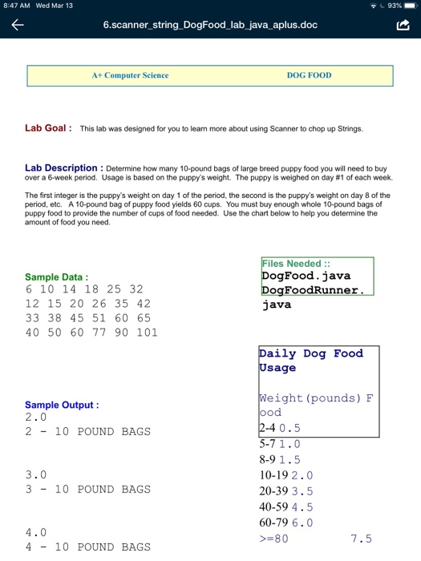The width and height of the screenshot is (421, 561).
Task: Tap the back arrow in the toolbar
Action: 17,26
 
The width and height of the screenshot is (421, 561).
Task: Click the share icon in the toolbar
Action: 403,26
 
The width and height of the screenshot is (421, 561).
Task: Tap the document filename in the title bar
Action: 210,26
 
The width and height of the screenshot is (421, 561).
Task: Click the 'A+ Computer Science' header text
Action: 130,75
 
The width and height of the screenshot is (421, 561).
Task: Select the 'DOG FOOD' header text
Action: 309,75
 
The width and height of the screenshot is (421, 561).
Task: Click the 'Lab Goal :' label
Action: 49,127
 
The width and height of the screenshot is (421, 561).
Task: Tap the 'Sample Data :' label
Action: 57,276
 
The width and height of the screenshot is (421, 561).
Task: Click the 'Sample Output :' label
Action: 62,405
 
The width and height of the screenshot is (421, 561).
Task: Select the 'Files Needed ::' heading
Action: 290,263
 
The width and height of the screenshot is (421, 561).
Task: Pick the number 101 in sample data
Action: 148,333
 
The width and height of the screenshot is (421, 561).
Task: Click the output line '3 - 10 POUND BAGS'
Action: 87,489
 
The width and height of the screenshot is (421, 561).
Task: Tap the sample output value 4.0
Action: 36,532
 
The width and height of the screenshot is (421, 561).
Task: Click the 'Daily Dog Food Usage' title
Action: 310,361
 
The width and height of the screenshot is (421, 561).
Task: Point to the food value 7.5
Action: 361,539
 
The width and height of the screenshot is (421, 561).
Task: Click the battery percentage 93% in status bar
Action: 392,6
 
